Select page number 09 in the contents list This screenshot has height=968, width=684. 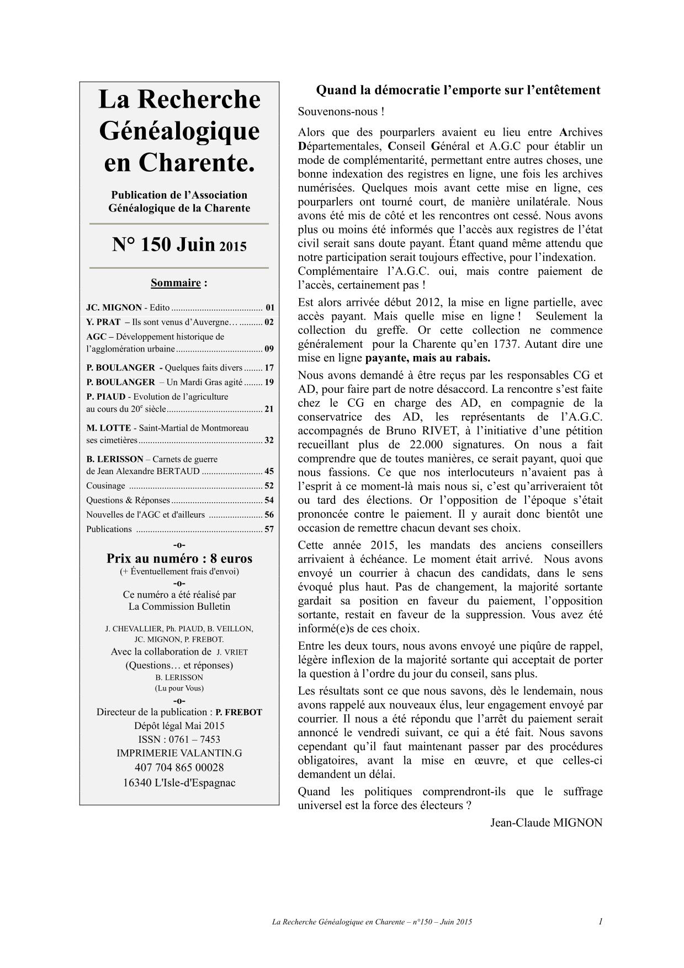pyautogui.click(x=269, y=349)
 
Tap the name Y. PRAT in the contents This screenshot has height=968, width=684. pyautogui.click(x=103, y=322)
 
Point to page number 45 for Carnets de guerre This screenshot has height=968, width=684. pyautogui.click(x=269, y=471)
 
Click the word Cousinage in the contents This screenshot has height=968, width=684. pyautogui.click(x=105, y=486)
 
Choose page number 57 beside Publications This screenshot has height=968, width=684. pyautogui.click(x=269, y=529)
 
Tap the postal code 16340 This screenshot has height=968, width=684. pyautogui.click(x=138, y=783)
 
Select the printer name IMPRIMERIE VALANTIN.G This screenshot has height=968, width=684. pyautogui.click(x=179, y=753)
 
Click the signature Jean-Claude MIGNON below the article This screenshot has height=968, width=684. pyautogui.click(x=546, y=823)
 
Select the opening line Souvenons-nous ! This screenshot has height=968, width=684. pyautogui.click(x=341, y=111)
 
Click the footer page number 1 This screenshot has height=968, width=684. pyautogui.click(x=600, y=921)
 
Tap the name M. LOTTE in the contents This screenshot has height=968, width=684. pyautogui.click(x=108, y=428)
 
